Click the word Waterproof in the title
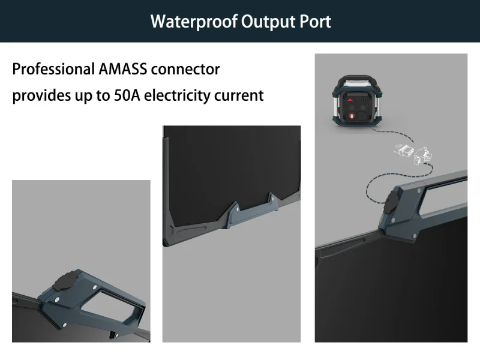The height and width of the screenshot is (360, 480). tap(193, 22)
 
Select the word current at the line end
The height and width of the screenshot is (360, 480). tap(241, 95)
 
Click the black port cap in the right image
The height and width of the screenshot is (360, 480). tap(397, 201)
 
